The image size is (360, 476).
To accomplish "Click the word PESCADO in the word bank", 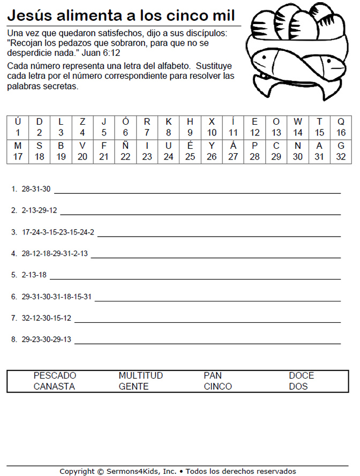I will [55, 376].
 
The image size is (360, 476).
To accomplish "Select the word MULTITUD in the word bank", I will [140, 376].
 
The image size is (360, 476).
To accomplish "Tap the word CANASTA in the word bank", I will [54, 387].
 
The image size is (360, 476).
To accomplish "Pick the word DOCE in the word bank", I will [301, 376].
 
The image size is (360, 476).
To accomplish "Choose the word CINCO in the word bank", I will [217, 387].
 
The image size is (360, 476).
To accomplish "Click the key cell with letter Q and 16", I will [341, 127].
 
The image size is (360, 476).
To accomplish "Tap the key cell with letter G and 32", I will [341, 152].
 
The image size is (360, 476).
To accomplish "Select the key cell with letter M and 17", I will [18, 152].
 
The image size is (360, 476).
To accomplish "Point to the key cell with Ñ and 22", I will [125, 152].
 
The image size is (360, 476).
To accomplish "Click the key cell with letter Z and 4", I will [82, 127].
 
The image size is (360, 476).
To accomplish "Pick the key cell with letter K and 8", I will [168, 127].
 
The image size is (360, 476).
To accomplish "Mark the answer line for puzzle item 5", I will [195, 278].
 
